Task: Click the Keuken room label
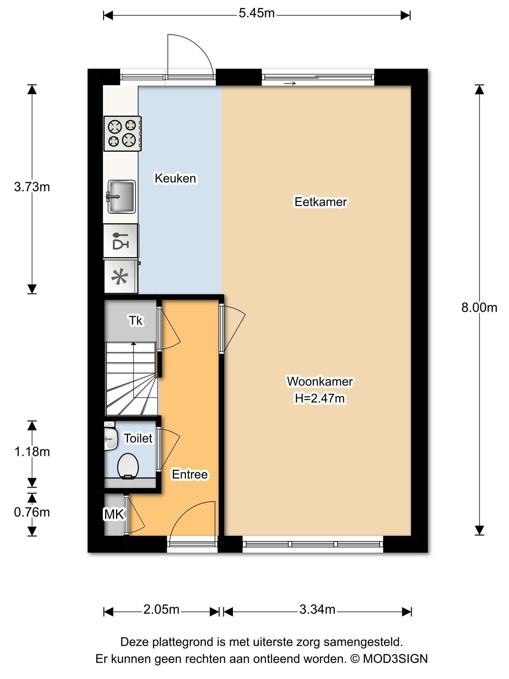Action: pyautogui.click(x=175, y=178)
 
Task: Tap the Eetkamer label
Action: pyautogui.click(x=321, y=202)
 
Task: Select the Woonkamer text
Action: pyautogui.click(x=320, y=382)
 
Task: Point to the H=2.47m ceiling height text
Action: pyautogui.click(x=320, y=399)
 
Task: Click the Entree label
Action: pyautogui.click(x=190, y=474)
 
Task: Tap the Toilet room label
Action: pyautogui.click(x=138, y=438)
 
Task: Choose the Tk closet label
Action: pyautogui.click(x=136, y=321)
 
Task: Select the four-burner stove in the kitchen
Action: pyautogui.click(x=123, y=134)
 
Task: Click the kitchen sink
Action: pyautogui.click(x=121, y=197)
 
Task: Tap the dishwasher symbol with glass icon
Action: pyautogui.click(x=121, y=241)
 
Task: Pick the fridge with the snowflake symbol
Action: pyautogui.click(x=121, y=277)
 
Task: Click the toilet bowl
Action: pyautogui.click(x=128, y=466)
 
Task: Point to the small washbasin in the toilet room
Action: pyautogui.click(x=111, y=439)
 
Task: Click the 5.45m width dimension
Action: pyautogui.click(x=257, y=13)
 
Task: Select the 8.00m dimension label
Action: pyautogui.click(x=479, y=308)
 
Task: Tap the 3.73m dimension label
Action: pyautogui.click(x=32, y=187)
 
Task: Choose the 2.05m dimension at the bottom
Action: pyautogui.click(x=162, y=609)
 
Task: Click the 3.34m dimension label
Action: pyautogui.click(x=317, y=609)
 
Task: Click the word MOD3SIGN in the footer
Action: pyautogui.click(x=395, y=658)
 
